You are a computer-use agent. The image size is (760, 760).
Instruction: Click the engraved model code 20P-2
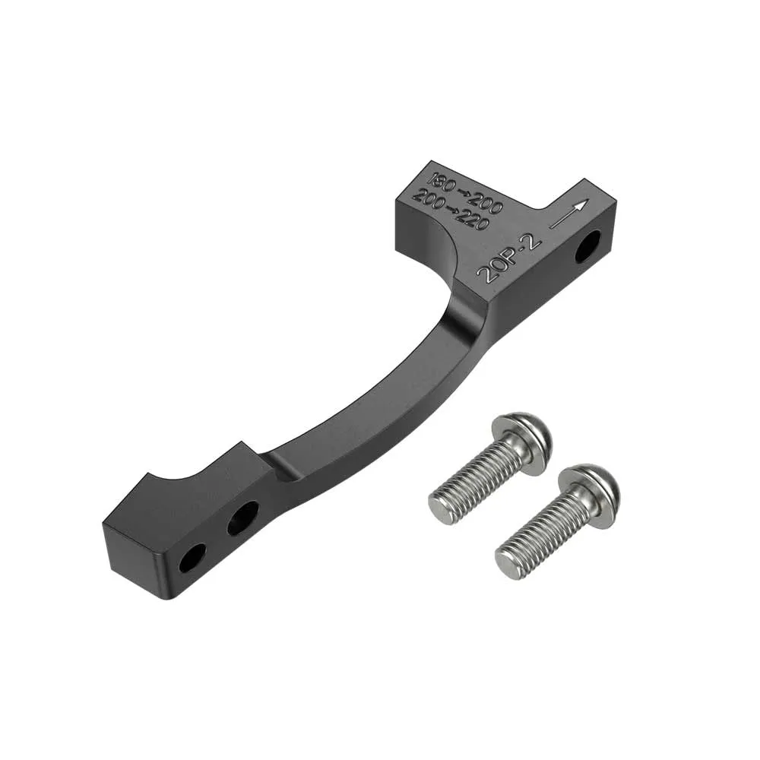pos(510,256)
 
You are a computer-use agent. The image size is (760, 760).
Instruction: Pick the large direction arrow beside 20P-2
pos(569,214)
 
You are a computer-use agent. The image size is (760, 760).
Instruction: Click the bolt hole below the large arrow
pos(587,249)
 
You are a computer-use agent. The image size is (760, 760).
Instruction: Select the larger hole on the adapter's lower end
pos(243,517)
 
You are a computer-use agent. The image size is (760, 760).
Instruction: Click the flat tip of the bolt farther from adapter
pos(507,560)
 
